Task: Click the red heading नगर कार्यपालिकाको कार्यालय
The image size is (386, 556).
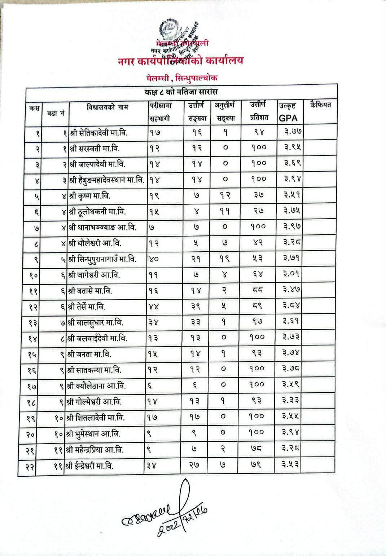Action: pos(180,61)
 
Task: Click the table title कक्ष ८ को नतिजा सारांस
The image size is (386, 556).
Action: pos(181,92)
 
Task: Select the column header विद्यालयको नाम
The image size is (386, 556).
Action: pos(108,107)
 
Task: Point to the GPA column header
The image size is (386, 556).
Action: pos(288,118)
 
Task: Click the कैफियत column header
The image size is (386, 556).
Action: pos(320,105)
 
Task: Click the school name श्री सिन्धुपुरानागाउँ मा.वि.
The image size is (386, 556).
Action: pos(102,259)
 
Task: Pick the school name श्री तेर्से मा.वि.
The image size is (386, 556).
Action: pos(90,306)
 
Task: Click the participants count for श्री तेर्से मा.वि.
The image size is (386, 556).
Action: pos(153,307)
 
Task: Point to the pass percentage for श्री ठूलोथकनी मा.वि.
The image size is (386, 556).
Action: pos(258,211)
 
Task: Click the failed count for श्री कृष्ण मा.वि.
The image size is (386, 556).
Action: pos(226,195)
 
